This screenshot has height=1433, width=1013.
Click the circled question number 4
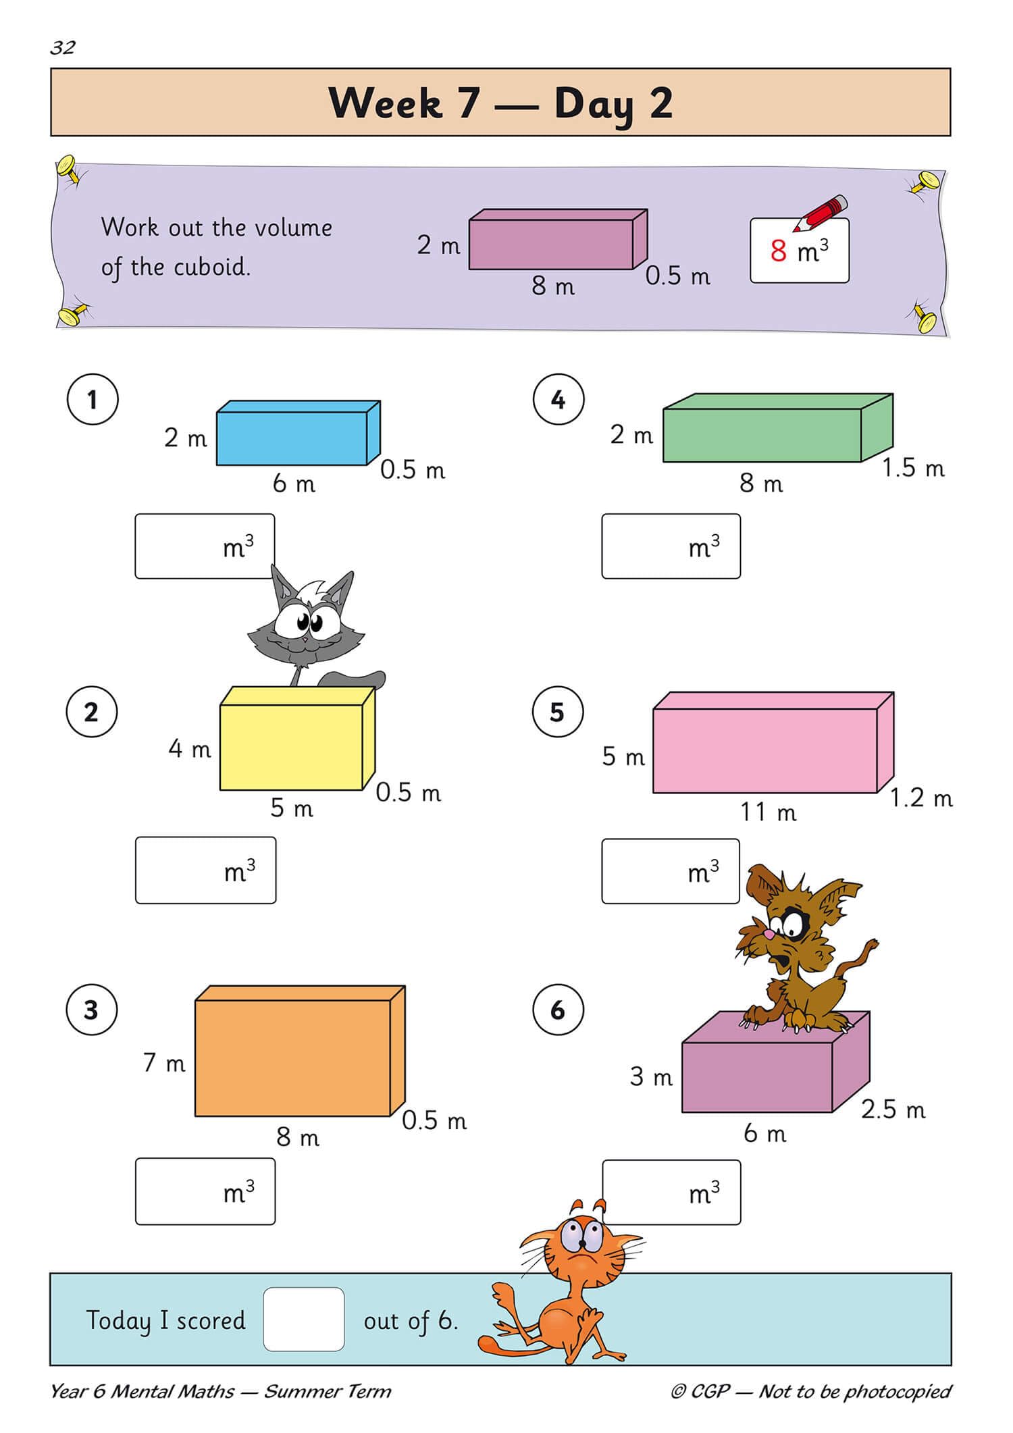[x=558, y=399]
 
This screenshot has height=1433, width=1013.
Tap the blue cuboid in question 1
[x=292, y=437]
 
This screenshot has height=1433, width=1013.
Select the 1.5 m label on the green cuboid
[x=913, y=468]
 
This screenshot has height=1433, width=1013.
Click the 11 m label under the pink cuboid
[x=768, y=812]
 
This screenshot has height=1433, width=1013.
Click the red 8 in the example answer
[x=778, y=251]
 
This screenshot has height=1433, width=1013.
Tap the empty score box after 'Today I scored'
[x=304, y=1320]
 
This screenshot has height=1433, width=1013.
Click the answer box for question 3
[x=205, y=1192]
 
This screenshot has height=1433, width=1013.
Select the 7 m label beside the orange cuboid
[x=164, y=1063]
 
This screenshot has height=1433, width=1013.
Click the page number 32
[x=62, y=48]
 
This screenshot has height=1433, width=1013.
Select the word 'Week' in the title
[x=385, y=103]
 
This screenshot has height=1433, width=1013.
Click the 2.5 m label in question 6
[x=893, y=1110]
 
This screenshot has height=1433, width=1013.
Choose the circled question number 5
[x=557, y=712]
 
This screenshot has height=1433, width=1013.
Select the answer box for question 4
[x=671, y=546]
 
